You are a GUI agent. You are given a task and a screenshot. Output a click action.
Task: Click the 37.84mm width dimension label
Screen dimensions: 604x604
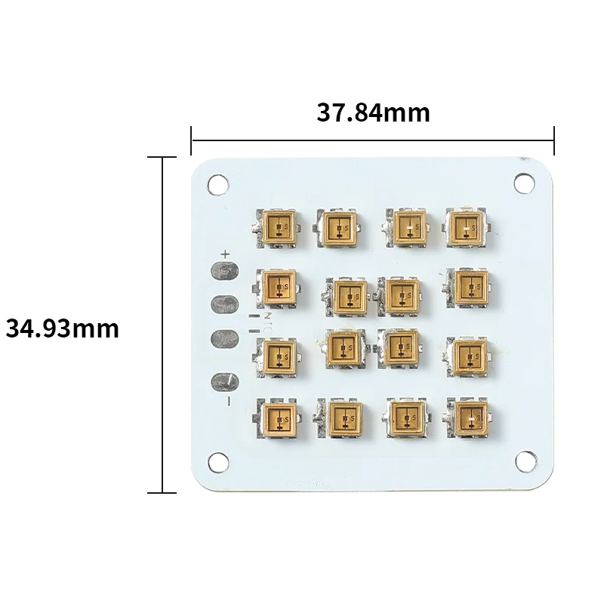click(x=373, y=112)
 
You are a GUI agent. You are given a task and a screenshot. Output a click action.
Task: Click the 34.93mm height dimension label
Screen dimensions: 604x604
click(x=63, y=328)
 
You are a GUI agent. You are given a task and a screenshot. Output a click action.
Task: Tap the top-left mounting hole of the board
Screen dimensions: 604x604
click(x=218, y=183)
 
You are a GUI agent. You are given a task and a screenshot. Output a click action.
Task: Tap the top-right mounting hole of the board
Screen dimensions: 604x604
click(x=523, y=182)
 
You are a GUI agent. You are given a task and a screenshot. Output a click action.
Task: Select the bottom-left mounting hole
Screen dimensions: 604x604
click(x=218, y=460)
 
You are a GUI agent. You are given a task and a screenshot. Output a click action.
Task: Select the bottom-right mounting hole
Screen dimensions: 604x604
click(x=525, y=460)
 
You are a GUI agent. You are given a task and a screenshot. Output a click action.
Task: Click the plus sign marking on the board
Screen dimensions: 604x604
click(x=224, y=254)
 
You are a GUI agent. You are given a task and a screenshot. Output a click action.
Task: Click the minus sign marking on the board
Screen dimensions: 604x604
click(x=228, y=400)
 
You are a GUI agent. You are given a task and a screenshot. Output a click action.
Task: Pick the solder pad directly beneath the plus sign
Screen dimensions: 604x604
click(x=223, y=270)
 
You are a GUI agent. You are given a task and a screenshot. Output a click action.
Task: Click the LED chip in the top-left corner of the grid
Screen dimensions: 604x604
click(x=279, y=225)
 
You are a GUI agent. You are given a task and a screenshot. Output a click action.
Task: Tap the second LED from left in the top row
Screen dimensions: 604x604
click(x=338, y=225)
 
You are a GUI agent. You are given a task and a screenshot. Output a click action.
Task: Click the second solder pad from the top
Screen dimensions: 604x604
click(x=223, y=304)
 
